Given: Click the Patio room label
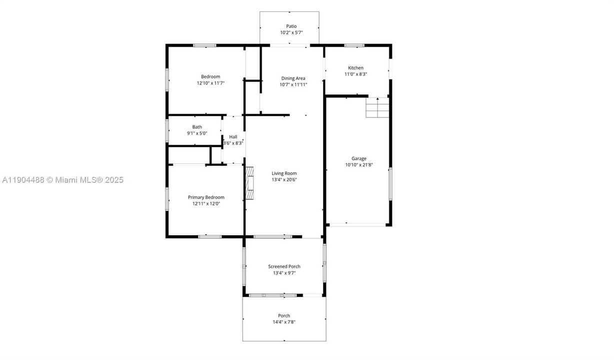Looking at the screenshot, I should point(291,26).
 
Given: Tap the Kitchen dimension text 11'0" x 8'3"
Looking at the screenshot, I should point(355,74).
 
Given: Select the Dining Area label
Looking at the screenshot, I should point(293,78).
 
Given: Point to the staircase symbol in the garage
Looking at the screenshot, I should point(377,107).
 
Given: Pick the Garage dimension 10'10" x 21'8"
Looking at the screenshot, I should point(358,165).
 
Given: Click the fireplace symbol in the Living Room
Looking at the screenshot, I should point(249,183).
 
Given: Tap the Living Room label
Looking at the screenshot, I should point(284,173).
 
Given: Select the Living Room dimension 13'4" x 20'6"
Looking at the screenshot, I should point(284,180).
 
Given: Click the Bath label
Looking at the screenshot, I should point(197,127).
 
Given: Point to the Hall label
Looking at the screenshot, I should point(233,136).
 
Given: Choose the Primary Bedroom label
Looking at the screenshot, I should point(206,197).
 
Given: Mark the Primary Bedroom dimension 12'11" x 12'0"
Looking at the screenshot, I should point(206,203).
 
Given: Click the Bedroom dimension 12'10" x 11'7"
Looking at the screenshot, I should point(210,83).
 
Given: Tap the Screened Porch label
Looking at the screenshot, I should point(284,266).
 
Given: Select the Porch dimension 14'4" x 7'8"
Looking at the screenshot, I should point(284,322).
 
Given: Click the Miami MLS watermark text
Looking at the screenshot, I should point(62,180).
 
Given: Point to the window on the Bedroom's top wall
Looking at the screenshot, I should point(204,45).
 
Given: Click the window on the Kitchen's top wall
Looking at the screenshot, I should point(354,45).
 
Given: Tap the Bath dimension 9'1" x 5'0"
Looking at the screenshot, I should point(197,133).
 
